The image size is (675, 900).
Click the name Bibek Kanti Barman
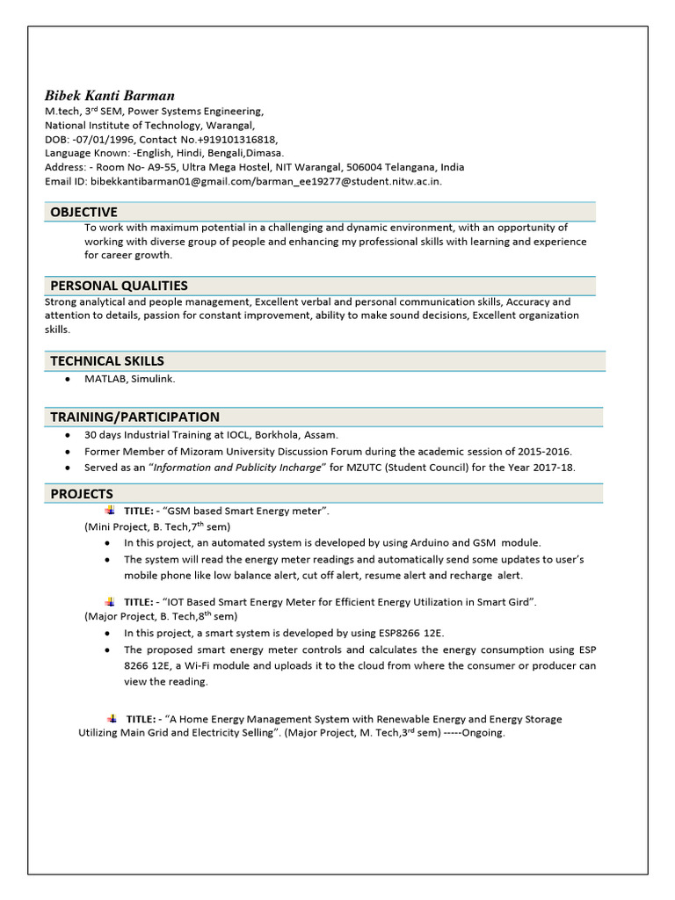point(110,95)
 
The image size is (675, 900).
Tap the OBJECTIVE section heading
point(83,212)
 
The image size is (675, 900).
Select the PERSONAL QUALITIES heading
point(119,286)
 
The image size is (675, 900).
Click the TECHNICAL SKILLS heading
point(107,360)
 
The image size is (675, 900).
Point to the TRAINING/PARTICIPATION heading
point(134,417)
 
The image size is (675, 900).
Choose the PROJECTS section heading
point(82,494)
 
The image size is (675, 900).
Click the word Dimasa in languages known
point(265,153)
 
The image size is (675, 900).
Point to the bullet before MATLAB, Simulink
point(67,379)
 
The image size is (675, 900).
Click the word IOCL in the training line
point(212,435)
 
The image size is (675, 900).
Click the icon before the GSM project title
point(109,511)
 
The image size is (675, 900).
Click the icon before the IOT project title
point(109,601)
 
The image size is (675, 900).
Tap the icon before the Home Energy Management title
point(112,718)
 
